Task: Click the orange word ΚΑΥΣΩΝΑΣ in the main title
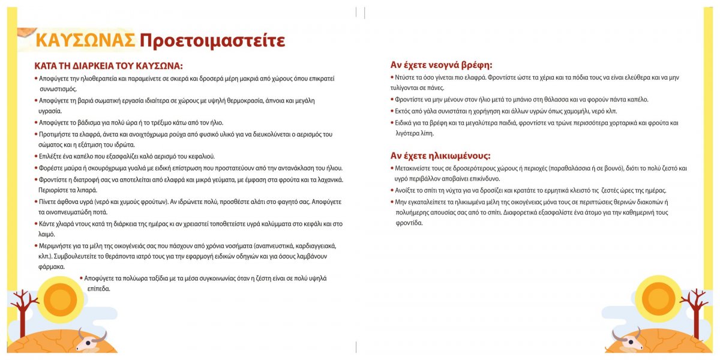pos(85,40)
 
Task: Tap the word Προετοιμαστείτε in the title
pos(212,40)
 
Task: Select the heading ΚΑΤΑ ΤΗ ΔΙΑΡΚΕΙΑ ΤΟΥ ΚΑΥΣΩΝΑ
pos(108,65)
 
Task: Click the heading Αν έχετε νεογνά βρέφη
pos(441,65)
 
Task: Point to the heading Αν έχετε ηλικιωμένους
pos(441,155)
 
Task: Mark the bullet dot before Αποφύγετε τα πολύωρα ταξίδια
pos(81,278)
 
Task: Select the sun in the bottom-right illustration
pos(658,298)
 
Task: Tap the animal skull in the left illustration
pos(90,341)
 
